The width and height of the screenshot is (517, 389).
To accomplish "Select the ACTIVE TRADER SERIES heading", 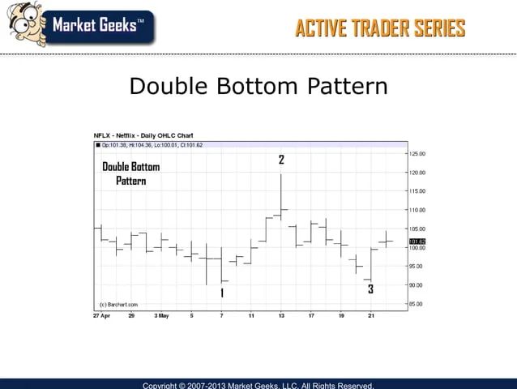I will pyautogui.click(x=380, y=29).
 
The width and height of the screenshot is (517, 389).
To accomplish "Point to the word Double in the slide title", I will pyautogui.click(x=169, y=87).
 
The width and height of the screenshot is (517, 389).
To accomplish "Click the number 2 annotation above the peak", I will pyautogui.click(x=281, y=160).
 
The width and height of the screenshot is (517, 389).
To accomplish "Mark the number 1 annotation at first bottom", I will pyautogui.click(x=222, y=293).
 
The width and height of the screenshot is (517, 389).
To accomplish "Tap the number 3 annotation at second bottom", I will pyautogui.click(x=370, y=289).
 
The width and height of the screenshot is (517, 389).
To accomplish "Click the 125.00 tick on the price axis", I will pyautogui.click(x=417, y=153).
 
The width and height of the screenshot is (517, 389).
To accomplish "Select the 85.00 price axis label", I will pyautogui.click(x=415, y=304).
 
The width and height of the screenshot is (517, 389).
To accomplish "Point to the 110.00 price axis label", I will pyautogui.click(x=417, y=210).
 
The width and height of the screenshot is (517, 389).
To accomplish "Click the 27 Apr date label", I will pyautogui.click(x=101, y=315).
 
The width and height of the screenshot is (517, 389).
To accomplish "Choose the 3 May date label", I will pyautogui.click(x=162, y=315).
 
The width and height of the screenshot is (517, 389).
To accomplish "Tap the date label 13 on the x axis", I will pyautogui.click(x=281, y=315).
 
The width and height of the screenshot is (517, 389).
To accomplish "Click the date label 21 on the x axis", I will pyautogui.click(x=370, y=315).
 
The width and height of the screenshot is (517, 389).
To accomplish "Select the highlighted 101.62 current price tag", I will pyautogui.click(x=417, y=242).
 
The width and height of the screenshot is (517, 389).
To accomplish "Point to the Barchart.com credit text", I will pyautogui.click(x=118, y=305).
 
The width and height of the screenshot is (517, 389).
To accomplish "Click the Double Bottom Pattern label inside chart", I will pyautogui.click(x=130, y=173).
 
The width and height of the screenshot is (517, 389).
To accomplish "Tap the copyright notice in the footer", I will pyautogui.click(x=258, y=384).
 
